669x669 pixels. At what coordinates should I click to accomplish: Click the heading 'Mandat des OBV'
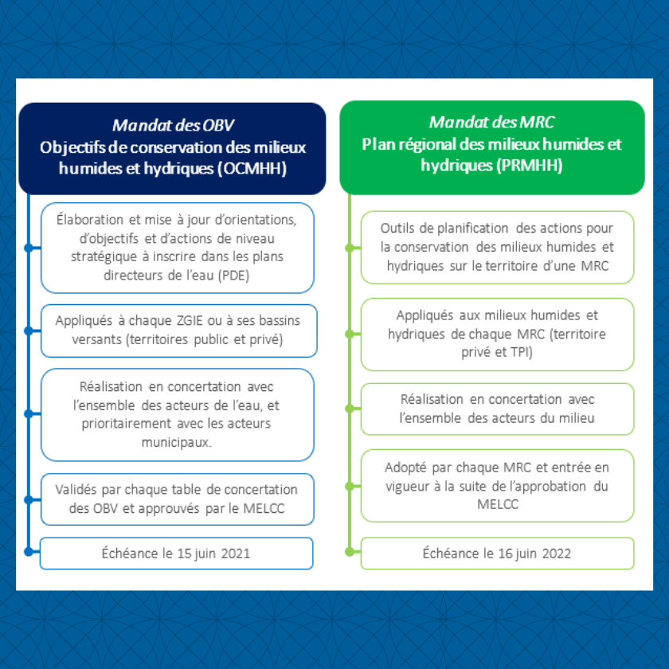pos(174,125)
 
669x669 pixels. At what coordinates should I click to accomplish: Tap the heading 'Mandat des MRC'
pos(492,122)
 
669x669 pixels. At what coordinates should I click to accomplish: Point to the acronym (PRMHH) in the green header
pos(529,165)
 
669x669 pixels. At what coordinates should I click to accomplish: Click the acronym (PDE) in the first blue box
pos(233,276)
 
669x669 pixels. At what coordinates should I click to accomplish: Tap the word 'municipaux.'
pos(177,443)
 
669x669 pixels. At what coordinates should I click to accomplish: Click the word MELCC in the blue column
pos(264,509)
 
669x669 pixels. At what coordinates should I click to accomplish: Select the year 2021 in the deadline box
pos(236,554)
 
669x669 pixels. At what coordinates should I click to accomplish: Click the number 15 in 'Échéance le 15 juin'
pos(184,554)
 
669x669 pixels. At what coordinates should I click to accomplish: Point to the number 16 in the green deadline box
pos(505,554)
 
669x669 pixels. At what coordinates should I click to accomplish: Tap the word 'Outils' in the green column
pos(397,229)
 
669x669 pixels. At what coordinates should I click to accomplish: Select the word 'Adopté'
pos(405,468)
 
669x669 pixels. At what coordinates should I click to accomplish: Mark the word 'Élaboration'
pos(90,220)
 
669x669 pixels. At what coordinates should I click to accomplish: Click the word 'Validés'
pos(76,489)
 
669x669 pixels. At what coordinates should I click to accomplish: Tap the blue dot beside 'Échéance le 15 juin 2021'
pos(29,552)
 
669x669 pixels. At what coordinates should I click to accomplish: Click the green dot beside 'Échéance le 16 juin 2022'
pos(350,552)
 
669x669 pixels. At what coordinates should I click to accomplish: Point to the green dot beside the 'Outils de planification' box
pos(350,248)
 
